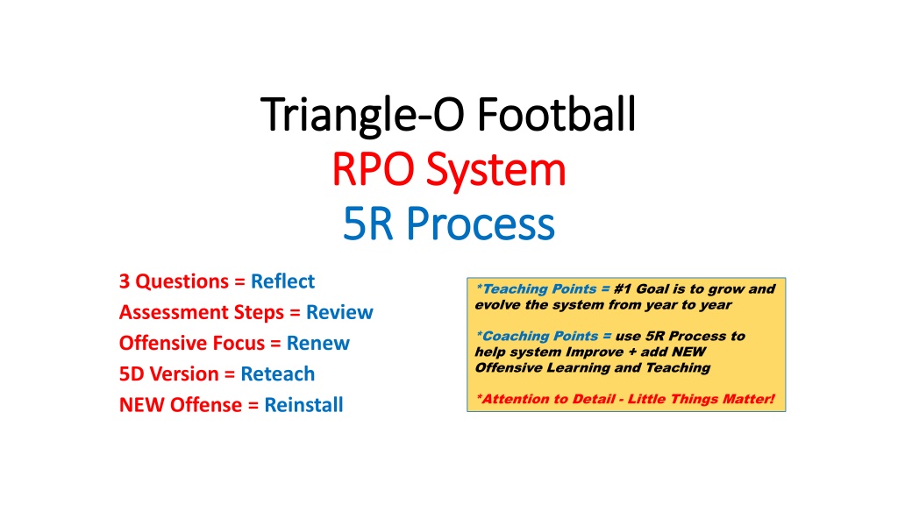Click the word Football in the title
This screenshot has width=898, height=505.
click(556, 114)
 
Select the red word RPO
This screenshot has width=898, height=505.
click(373, 169)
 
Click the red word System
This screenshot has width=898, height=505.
click(496, 171)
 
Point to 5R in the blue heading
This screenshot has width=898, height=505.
click(367, 224)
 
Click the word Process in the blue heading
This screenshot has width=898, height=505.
click(481, 224)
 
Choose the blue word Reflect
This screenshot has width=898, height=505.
click(283, 281)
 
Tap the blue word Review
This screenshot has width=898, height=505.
click(339, 312)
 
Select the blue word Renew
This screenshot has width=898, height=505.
click(317, 343)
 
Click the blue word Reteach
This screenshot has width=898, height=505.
click(278, 373)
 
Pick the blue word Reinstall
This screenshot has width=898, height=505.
click(303, 405)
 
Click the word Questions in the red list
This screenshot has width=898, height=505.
click(182, 281)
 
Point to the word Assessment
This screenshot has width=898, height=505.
click(160, 312)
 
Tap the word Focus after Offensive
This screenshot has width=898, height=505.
click(239, 343)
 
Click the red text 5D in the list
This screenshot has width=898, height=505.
click(132, 373)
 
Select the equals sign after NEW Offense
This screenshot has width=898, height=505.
click(253, 405)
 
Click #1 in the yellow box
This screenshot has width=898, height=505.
click(623, 288)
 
